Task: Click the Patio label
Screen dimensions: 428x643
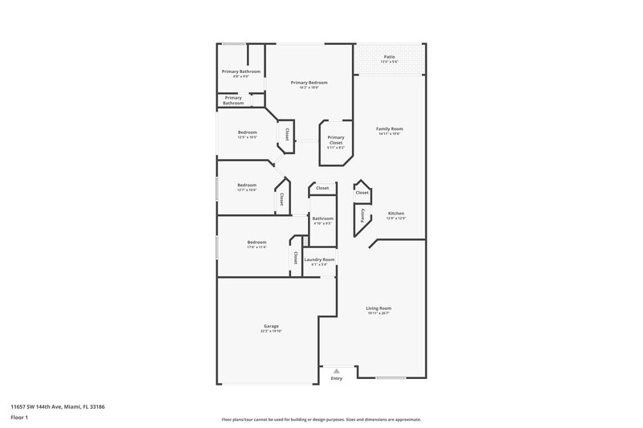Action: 389,56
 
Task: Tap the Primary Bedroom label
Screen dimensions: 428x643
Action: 309,83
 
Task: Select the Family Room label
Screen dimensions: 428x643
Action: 390,128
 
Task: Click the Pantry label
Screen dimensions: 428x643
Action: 362,215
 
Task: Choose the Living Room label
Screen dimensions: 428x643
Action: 379,308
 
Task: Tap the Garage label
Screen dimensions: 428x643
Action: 271,326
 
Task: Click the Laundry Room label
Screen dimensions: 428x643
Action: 319,259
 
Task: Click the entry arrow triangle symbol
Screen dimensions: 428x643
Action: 336,370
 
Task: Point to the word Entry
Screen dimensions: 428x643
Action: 336,379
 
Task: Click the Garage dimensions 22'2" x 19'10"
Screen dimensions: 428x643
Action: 271,331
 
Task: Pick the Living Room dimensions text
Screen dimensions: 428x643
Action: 379,313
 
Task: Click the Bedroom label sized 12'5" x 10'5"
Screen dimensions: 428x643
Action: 247,132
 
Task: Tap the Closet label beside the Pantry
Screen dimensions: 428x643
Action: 362,193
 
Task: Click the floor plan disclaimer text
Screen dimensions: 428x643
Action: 321,419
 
